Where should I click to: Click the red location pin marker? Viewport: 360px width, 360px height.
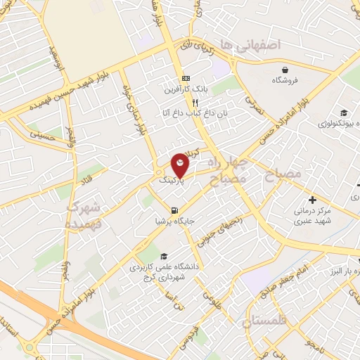tap(180, 165)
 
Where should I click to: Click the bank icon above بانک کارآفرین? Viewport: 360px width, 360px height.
tap(186, 78)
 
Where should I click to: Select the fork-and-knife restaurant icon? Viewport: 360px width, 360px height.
tap(186, 102)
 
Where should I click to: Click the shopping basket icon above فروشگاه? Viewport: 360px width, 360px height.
tap(286, 69)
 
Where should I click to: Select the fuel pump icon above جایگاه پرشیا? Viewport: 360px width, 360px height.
tap(174, 210)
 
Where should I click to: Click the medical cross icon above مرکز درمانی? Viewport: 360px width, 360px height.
tap(312, 200)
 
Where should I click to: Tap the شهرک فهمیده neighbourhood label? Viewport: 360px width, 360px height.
tap(84, 215)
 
